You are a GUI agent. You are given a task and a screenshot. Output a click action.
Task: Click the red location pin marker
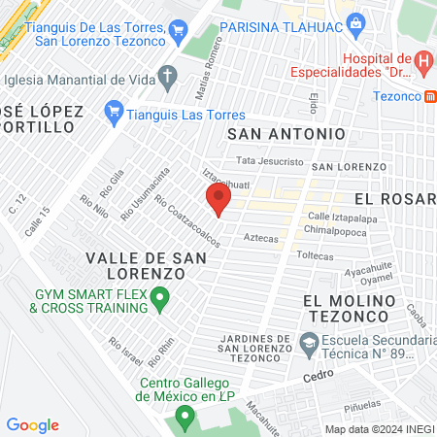[218, 200]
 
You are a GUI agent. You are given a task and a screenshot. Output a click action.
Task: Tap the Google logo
[33, 425]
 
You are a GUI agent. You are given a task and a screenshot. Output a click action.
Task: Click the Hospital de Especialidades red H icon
[423, 62]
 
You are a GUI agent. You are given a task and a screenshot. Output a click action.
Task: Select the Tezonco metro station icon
[429, 96]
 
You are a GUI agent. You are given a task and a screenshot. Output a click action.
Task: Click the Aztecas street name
[261, 238]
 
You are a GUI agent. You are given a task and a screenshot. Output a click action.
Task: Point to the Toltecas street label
[314, 256]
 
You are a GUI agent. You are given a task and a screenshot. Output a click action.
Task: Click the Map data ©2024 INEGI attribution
[379, 429]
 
